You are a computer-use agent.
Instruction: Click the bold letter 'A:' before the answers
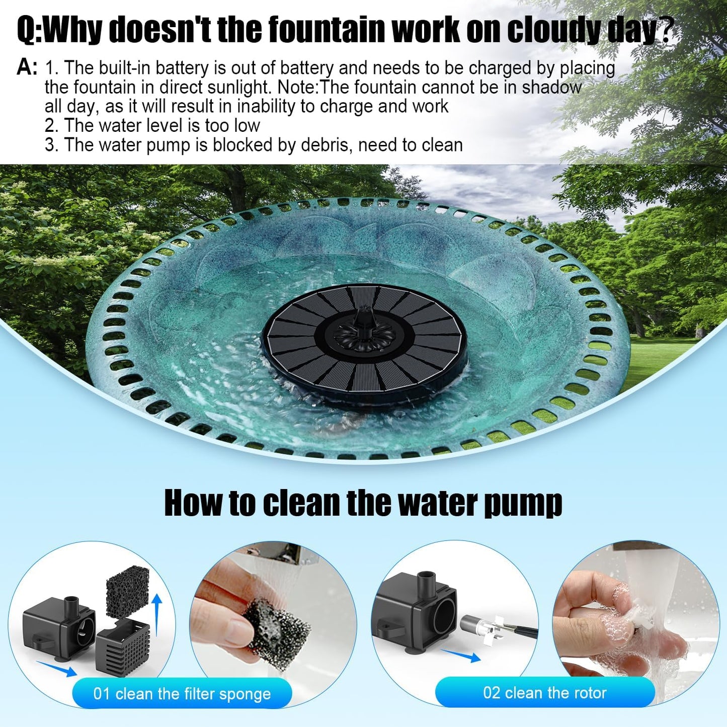point(27,67)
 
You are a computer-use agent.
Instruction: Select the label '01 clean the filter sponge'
point(182,694)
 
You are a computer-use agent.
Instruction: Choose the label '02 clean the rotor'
point(545,693)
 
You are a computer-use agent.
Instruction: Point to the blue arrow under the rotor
point(460,656)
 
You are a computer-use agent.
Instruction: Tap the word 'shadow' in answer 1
point(551,88)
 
